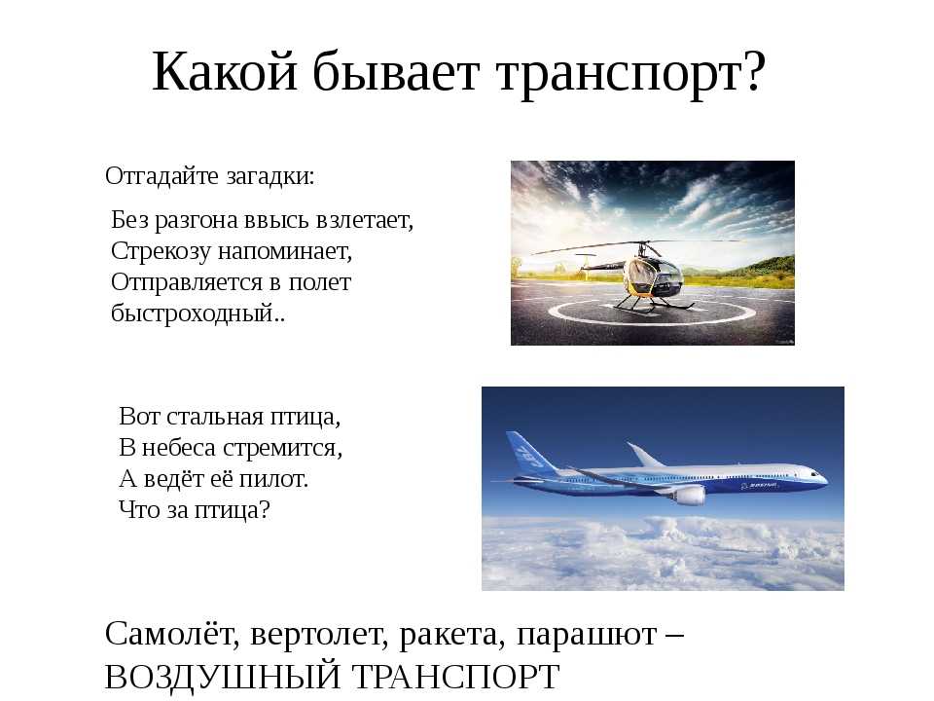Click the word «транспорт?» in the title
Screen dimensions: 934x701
[631, 75]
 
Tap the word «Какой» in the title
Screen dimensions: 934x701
[225, 71]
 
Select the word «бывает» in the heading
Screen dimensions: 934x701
[396, 70]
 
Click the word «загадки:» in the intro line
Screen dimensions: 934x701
[270, 176]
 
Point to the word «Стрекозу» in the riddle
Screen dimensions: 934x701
[161, 251]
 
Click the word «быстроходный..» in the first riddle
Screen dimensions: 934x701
[198, 313]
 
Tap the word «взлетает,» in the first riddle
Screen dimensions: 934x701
[365, 221]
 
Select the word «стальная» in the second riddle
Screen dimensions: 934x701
[215, 417]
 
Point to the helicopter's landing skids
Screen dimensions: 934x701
[652, 305]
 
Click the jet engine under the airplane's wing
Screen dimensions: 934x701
[690, 495]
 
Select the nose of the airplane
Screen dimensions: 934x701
[821, 476]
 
